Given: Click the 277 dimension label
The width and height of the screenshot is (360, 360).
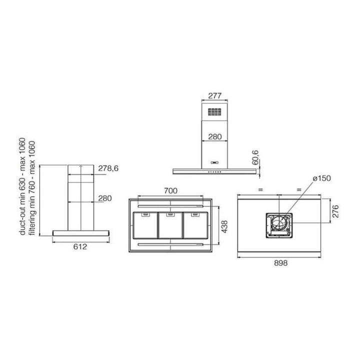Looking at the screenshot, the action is click(214, 95).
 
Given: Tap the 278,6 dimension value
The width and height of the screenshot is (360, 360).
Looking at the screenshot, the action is click(108, 168).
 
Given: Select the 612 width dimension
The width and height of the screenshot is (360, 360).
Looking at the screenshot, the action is click(80, 246).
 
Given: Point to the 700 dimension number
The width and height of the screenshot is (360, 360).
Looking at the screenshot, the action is click(170, 190).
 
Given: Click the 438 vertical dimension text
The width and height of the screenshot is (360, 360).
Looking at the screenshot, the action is click(224, 226).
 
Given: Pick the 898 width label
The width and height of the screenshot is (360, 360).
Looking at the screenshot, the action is click(280, 263).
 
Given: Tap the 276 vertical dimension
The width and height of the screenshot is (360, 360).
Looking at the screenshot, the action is click(335, 211).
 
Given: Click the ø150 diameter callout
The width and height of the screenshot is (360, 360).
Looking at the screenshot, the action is click(322, 178).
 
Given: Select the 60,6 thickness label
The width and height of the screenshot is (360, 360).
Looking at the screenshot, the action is click(255, 157).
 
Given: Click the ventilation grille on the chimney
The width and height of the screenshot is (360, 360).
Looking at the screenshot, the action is click(214, 112).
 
